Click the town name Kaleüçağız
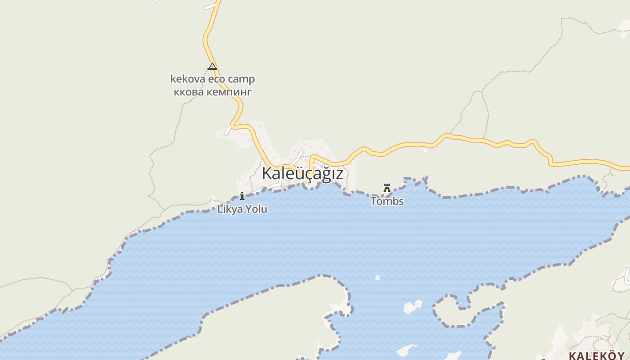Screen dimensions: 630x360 click(x=302, y=173)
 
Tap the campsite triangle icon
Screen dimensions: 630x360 click(x=212, y=67)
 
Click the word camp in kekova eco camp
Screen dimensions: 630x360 click(x=241, y=80)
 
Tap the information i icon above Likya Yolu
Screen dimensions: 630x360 click(x=242, y=196)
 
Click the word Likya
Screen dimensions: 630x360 click(x=229, y=209)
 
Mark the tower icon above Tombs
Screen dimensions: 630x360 click(x=387, y=188)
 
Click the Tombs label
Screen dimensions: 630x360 click(x=387, y=201)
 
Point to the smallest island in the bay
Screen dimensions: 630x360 click(x=377, y=277)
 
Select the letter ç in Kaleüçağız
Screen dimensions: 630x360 click(x=309, y=174)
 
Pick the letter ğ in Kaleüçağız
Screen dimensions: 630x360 click(x=327, y=174)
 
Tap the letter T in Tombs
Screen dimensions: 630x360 click(x=373, y=201)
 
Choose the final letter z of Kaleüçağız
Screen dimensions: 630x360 click(x=339, y=174)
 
